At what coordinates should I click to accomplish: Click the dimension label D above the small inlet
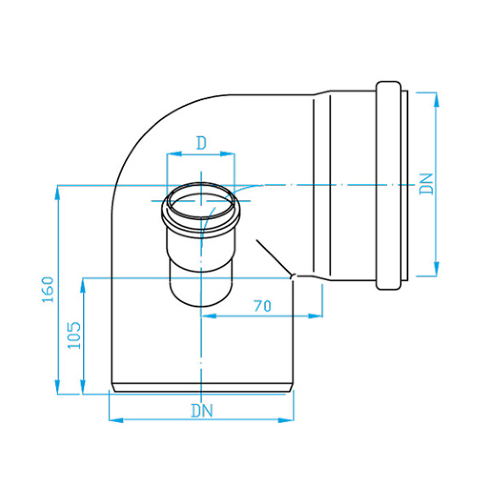point(201,143)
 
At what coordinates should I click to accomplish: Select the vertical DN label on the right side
point(429,184)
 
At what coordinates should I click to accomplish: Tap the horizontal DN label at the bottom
point(201,410)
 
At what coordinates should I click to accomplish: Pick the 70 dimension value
point(262,306)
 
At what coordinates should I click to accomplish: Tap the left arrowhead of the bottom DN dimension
point(116,419)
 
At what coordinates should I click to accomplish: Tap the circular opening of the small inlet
point(201,203)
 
